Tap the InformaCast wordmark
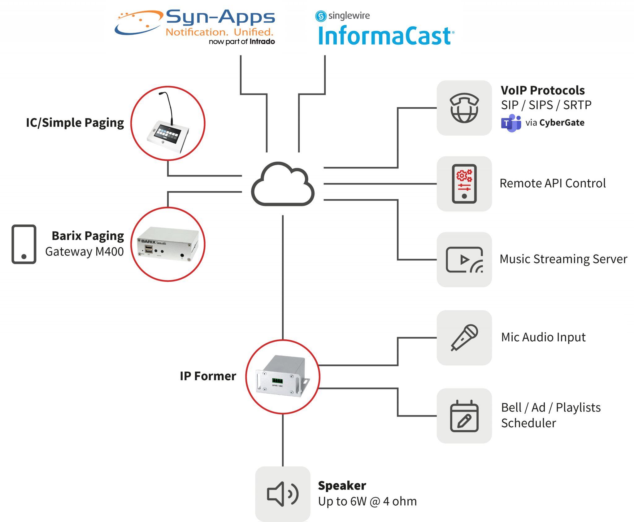[x=386, y=36]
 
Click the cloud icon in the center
[x=283, y=185]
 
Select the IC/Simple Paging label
[x=75, y=123]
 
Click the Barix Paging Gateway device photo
[x=168, y=244]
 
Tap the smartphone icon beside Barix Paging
[x=24, y=244]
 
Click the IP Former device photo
[x=283, y=377]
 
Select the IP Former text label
[x=208, y=376]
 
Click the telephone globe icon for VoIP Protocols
[x=464, y=108]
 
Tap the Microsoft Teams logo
[x=511, y=123]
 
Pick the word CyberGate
[x=562, y=123]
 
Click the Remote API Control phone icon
[x=464, y=184]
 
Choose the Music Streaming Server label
[x=563, y=259]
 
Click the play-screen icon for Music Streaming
[x=464, y=260]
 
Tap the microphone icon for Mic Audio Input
[x=464, y=337]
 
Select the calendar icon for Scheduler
[x=464, y=416]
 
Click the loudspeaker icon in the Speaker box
[x=283, y=494]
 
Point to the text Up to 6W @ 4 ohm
[x=367, y=502]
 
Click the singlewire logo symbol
[x=321, y=16]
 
